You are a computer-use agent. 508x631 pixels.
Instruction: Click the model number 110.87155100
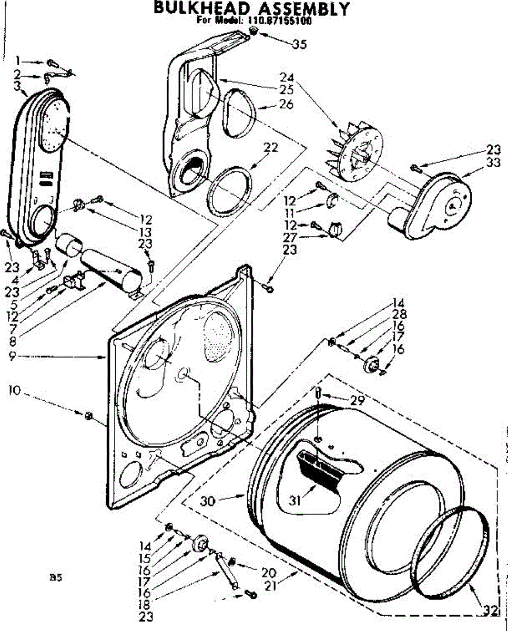(277, 22)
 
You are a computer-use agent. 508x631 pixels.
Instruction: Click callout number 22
(271, 148)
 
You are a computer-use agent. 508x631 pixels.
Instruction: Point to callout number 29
(358, 401)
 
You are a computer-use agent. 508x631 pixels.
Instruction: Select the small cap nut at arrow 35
(253, 33)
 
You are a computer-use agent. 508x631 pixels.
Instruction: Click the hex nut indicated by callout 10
(88, 416)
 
